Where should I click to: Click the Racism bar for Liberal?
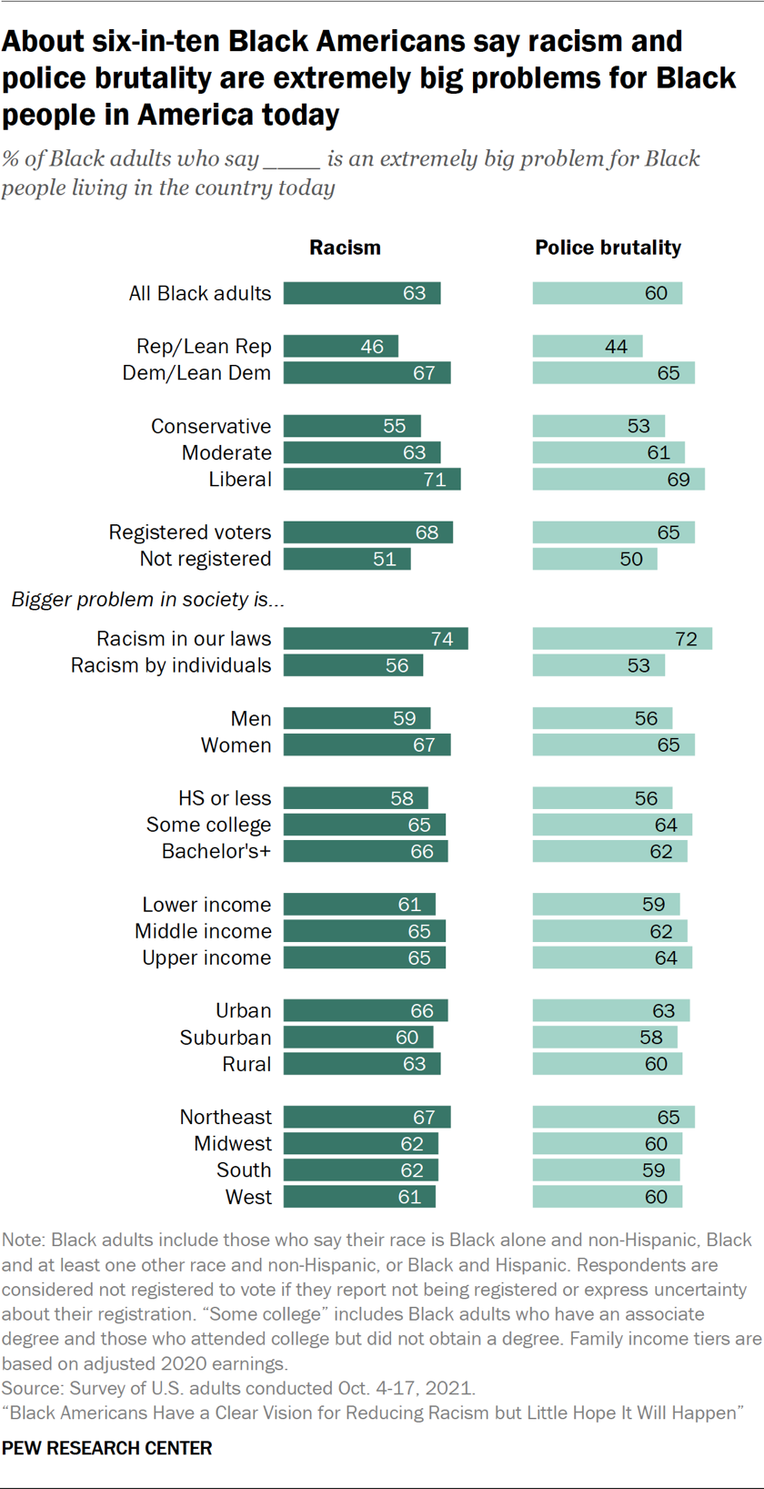(371, 480)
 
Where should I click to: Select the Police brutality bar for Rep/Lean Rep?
(587, 347)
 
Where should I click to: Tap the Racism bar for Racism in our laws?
(375, 639)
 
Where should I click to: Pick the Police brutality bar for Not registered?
(594, 559)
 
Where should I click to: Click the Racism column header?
(345, 248)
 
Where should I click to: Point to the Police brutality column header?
(608, 248)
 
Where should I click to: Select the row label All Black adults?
(200, 293)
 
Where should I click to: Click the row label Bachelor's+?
(216, 851)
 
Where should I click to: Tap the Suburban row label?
(226, 1038)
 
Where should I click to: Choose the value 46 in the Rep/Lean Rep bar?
(372, 347)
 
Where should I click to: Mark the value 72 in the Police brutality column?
(686, 639)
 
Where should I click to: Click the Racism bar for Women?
(367, 745)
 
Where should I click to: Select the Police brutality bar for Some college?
(612, 825)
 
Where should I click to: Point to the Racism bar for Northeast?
(367, 1117)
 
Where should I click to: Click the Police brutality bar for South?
(606, 1170)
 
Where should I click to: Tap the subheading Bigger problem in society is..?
(147, 600)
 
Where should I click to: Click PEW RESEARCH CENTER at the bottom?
(107, 1448)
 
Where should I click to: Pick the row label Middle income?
(203, 931)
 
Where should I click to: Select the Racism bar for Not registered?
(347, 559)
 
